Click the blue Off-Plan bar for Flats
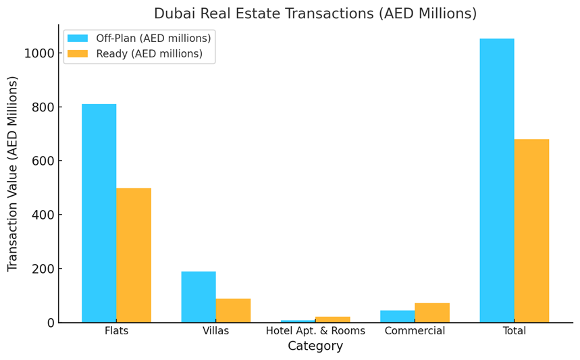tap(99, 213)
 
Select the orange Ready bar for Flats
tap(134, 255)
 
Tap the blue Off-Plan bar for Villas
tap(199, 297)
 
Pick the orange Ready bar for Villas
tap(233, 311)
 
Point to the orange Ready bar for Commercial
tap(432, 313)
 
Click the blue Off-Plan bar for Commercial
tap(398, 316)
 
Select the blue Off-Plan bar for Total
tap(497, 180)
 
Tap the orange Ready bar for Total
tap(531, 231)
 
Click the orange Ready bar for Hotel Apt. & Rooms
tap(333, 319)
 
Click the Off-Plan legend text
tap(153, 38)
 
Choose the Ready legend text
tap(149, 54)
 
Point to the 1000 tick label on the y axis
tap(39, 53)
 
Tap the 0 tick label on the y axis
tap(51, 323)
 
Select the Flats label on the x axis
tap(116, 331)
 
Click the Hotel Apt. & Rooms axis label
tap(315, 331)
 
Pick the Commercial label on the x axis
tap(415, 331)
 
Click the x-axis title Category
tap(315, 346)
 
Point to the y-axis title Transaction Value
tap(13, 174)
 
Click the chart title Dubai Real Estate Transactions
tap(315, 14)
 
